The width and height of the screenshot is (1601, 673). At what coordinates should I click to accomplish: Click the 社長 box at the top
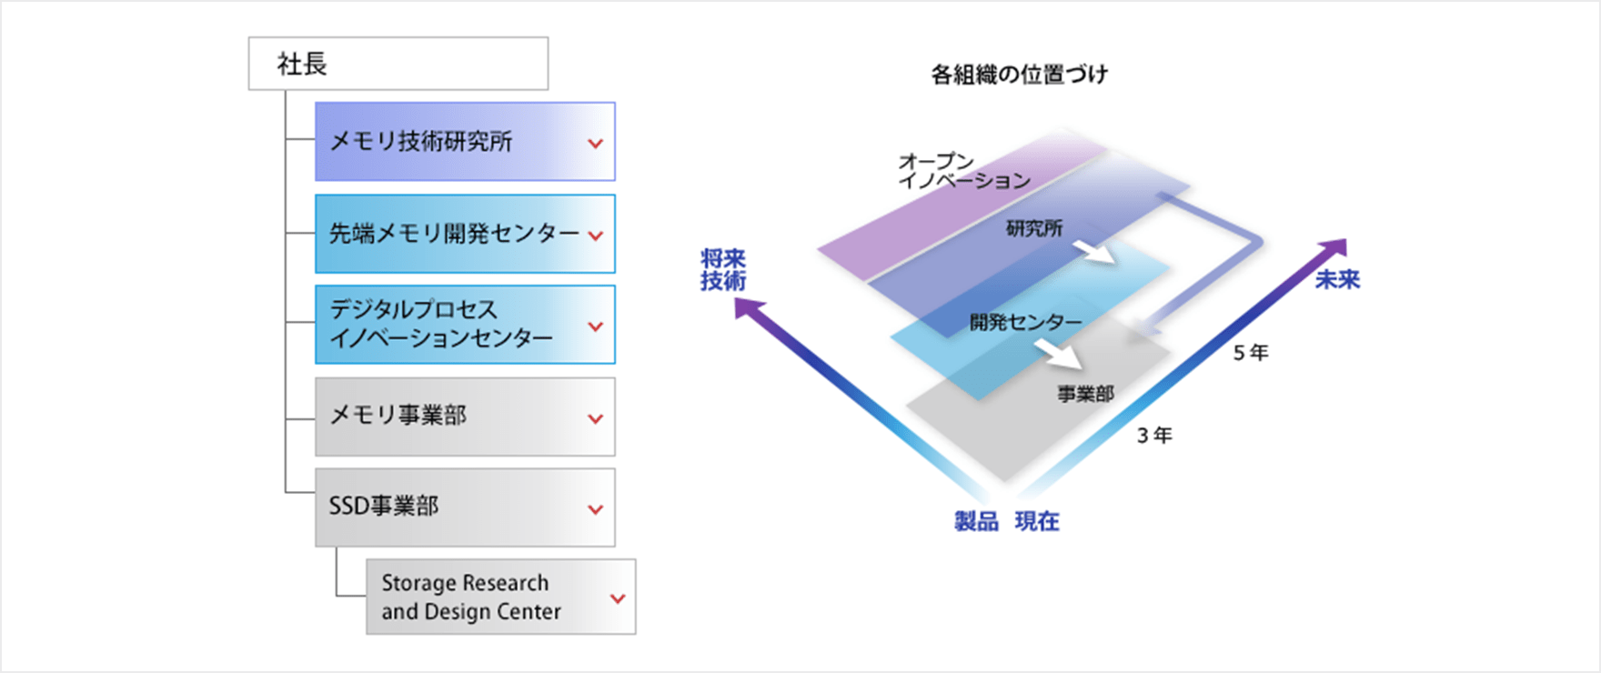[x=398, y=64]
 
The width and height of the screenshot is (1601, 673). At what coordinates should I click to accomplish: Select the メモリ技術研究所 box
[x=465, y=142]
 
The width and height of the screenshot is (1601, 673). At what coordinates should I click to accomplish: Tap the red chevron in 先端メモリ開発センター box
[x=596, y=236]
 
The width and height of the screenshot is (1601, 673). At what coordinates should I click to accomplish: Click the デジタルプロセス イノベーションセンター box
[x=465, y=325]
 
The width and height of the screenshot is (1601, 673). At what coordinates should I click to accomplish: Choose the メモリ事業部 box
[x=465, y=417]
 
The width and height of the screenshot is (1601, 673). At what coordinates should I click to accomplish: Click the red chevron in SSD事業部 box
[x=596, y=509]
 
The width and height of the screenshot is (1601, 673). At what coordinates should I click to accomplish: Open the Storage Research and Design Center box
[x=501, y=597]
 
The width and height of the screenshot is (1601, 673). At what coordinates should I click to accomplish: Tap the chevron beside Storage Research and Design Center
[x=618, y=598]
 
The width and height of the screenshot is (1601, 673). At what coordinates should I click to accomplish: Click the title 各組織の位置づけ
[x=1019, y=75]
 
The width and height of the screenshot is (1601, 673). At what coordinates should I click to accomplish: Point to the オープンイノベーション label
[x=963, y=171]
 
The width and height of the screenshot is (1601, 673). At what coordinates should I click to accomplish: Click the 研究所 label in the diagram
[x=1033, y=228]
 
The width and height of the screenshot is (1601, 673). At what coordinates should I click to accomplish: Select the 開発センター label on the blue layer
[x=1025, y=322]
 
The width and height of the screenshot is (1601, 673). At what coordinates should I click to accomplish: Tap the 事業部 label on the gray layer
[x=1085, y=394]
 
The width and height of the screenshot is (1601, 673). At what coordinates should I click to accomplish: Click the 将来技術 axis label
[x=723, y=270]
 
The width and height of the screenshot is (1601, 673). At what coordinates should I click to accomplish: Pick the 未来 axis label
[x=1337, y=279]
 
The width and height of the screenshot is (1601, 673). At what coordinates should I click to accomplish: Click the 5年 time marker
[x=1251, y=353]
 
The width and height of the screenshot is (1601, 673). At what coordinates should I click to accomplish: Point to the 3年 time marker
[x=1154, y=436]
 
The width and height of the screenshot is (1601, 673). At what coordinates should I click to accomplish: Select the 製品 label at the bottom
[x=976, y=521]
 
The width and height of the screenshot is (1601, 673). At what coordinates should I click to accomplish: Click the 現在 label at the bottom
[x=1037, y=521]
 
